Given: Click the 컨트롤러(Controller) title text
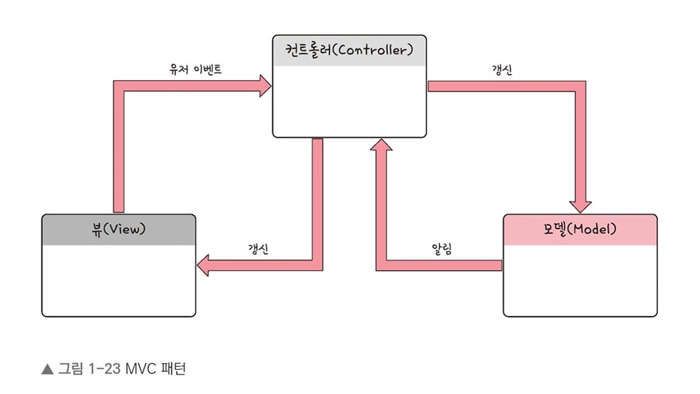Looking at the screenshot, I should [348, 51].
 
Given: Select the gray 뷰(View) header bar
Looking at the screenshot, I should [118, 229].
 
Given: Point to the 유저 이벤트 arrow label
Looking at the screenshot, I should [195, 69].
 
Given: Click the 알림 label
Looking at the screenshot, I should [441, 248].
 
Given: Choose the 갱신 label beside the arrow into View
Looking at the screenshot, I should [260, 248].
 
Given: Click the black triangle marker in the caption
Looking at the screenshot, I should [47, 369].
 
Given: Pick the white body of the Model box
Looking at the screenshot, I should [580, 279].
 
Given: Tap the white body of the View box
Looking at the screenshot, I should [118, 279].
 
